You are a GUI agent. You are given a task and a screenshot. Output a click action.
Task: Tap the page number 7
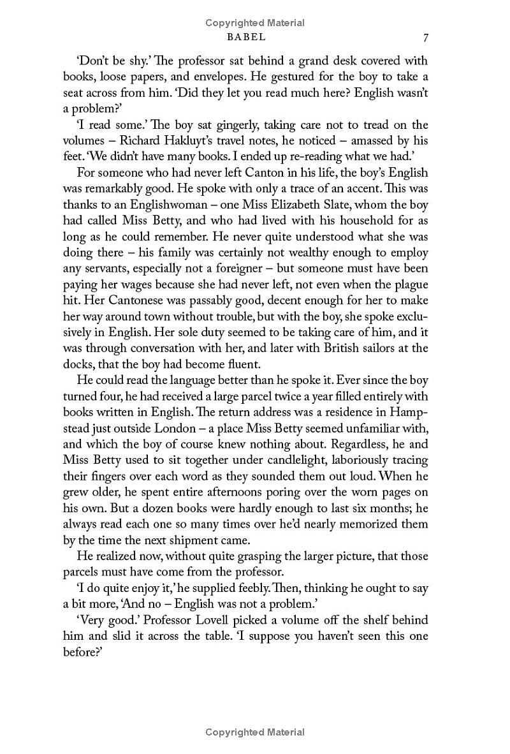(425, 37)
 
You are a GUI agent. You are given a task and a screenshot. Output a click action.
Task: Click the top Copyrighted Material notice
(255, 23)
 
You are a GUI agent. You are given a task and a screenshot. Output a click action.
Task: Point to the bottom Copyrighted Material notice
(255, 732)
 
